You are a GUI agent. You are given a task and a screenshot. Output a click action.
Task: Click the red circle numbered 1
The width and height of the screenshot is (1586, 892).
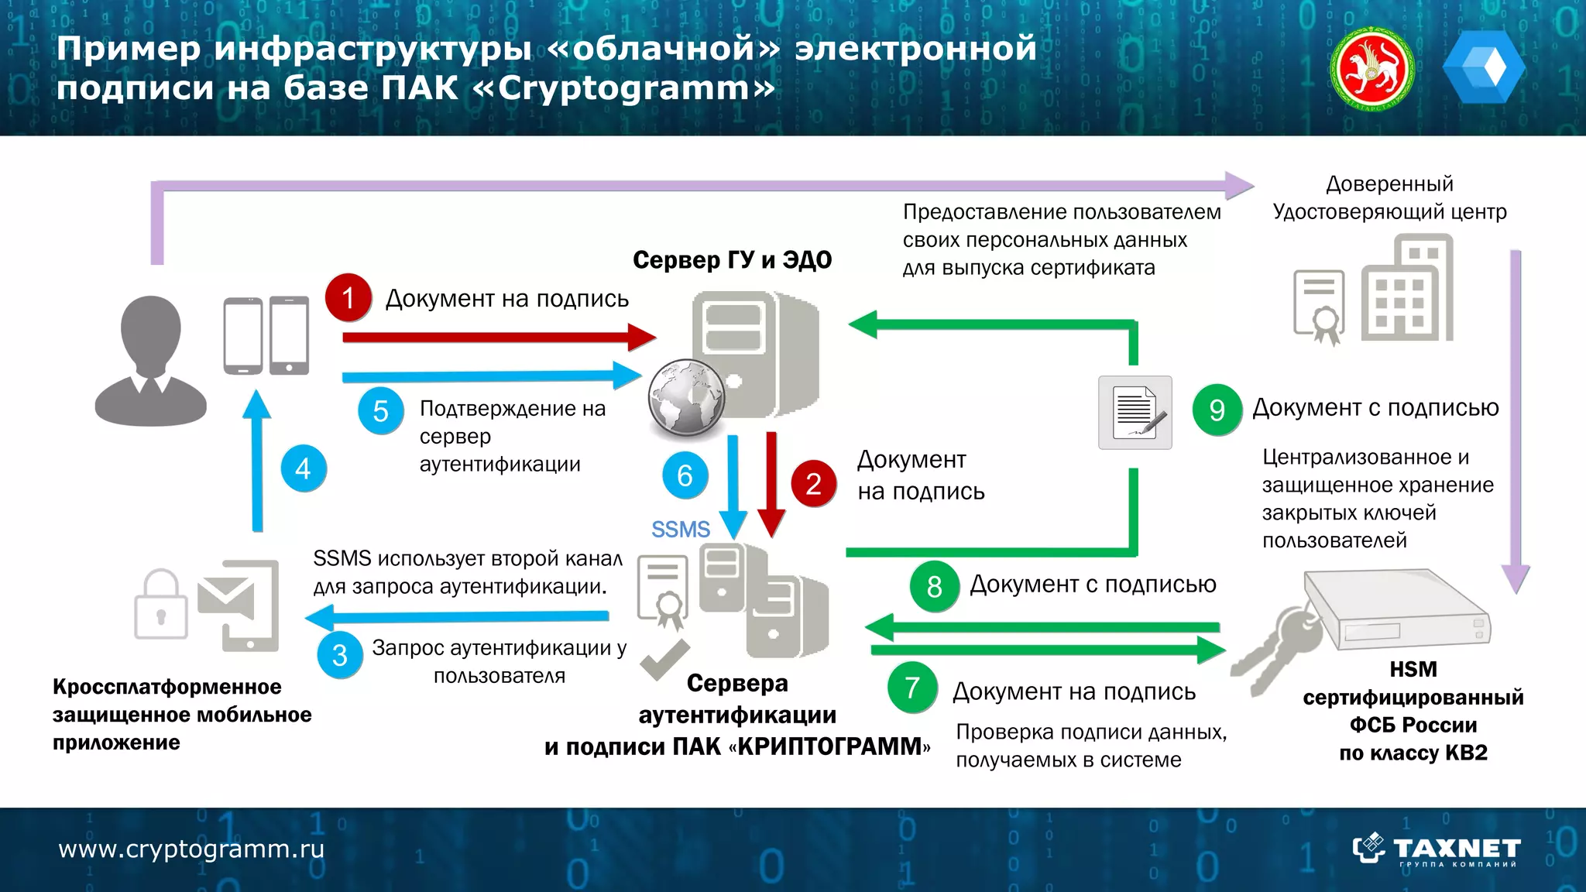348,297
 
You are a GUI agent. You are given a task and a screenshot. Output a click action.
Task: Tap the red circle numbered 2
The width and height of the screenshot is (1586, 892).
813,484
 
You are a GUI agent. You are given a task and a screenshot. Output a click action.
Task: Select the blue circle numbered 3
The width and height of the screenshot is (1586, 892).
340,655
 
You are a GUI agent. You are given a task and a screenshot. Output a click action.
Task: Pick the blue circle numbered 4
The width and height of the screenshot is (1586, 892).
303,468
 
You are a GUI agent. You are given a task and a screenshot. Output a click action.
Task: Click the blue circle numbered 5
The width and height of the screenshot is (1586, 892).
380,411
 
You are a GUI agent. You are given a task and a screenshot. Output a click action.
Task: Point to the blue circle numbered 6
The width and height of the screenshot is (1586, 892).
685,475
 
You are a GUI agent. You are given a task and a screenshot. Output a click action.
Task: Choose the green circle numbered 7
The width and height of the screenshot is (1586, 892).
912,687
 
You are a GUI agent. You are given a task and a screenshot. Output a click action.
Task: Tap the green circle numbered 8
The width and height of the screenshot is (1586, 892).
934,586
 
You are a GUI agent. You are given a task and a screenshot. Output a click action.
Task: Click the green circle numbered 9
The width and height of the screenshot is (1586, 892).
1217,410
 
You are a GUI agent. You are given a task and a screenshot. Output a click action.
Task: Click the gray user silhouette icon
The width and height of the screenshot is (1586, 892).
151,361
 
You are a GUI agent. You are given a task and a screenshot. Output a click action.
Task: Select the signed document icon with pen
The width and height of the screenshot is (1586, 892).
1135,413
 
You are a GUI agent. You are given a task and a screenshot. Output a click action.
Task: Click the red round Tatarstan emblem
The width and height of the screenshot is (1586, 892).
1371,68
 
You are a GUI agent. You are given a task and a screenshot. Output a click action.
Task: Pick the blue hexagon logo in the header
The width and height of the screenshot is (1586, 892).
1483,67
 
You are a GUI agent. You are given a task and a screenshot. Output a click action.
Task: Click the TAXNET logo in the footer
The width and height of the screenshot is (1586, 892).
1437,850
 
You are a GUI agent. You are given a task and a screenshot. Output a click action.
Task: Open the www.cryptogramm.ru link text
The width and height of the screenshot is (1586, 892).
191,849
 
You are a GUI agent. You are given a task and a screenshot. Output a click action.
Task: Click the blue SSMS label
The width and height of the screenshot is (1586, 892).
680,530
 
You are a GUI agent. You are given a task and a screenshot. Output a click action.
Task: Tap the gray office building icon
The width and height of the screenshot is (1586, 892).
1407,290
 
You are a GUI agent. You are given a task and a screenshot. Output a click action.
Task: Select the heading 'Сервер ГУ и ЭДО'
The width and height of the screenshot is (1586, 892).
732,260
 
